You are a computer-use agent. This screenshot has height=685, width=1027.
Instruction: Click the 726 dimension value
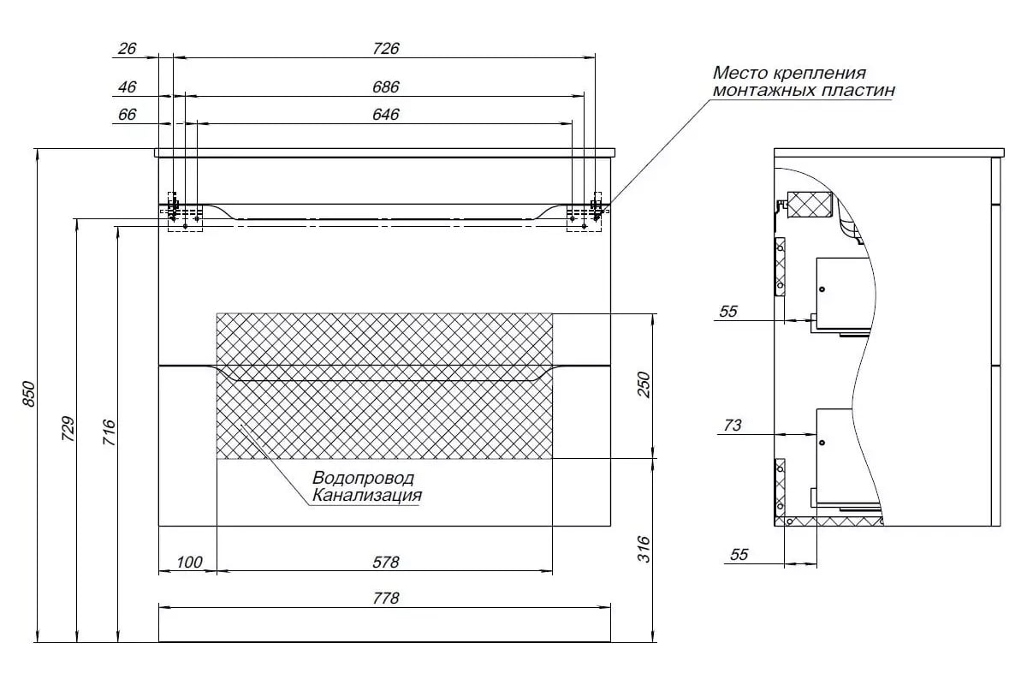click(x=386, y=48)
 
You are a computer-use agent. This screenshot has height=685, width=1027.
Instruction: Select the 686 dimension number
click(x=386, y=86)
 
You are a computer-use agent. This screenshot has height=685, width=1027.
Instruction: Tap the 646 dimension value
click(x=386, y=114)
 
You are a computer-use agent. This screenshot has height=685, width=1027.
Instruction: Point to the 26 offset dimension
click(x=127, y=48)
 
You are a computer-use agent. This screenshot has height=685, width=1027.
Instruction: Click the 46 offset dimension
click(x=127, y=86)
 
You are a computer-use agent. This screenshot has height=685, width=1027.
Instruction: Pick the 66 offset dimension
click(x=127, y=114)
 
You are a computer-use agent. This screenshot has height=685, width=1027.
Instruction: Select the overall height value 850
click(x=28, y=393)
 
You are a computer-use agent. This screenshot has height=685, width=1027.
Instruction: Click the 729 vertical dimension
click(x=68, y=428)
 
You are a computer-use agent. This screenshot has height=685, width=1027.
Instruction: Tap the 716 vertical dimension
click(x=109, y=432)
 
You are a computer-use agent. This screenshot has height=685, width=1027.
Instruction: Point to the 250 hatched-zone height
click(x=644, y=384)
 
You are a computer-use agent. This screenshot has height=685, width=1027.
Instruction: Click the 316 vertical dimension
click(x=644, y=549)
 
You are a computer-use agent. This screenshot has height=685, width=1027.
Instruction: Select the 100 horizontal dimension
click(x=189, y=562)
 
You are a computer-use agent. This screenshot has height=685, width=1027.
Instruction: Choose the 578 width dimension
click(x=386, y=562)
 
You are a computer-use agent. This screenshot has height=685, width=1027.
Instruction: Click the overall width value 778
click(x=386, y=599)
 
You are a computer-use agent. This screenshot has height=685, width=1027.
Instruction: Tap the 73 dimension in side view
click(x=733, y=426)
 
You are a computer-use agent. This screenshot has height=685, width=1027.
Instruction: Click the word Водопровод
click(x=363, y=478)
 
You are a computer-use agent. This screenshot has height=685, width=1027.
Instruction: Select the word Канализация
click(x=367, y=496)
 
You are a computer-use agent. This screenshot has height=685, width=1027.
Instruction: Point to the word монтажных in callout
click(x=763, y=90)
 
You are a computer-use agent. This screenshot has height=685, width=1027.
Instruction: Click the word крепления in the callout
click(x=820, y=74)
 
